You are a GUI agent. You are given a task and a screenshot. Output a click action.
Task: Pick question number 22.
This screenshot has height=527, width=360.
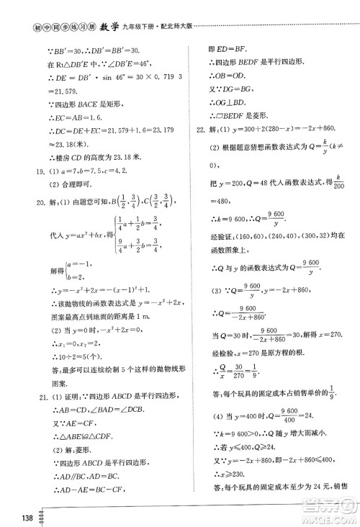click(x=202, y=131)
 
